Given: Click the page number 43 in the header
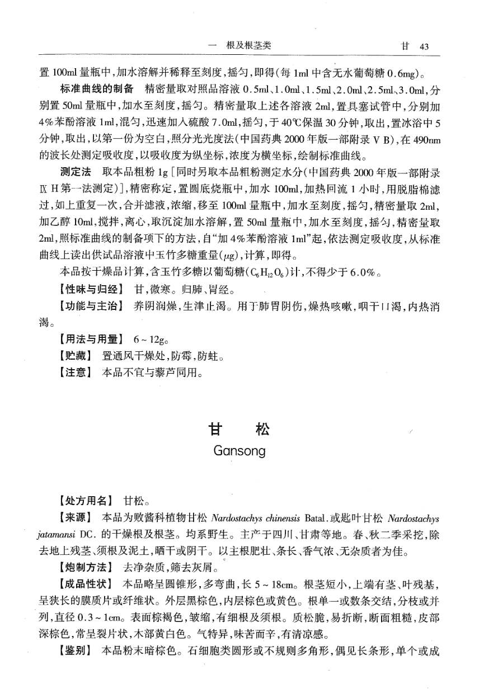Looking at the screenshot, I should [423, 46].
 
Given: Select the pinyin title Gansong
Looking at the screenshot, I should [239, 451].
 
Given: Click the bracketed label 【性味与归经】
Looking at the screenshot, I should [91, 290].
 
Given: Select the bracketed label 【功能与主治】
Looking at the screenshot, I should [91, 307].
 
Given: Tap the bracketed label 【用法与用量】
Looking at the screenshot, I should [91, 339].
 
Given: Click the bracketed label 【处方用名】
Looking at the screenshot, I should [87, 501].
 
